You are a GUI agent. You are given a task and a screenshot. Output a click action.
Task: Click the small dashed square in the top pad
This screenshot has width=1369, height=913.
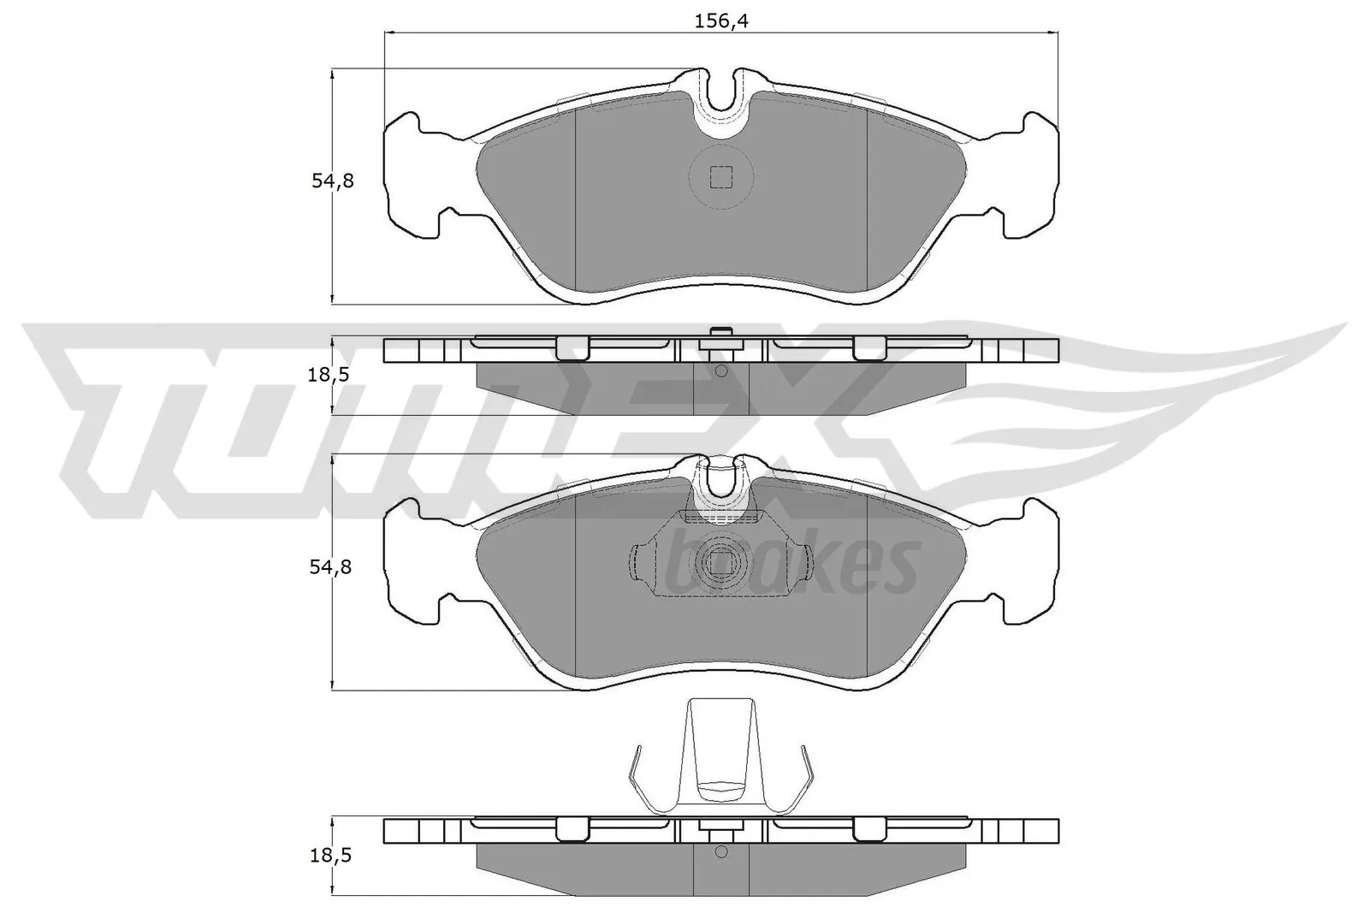point(721,177)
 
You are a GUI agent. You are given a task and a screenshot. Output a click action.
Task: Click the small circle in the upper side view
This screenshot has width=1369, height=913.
point(720,371)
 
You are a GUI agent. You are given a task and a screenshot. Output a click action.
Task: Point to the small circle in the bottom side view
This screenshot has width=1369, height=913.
point(720,851)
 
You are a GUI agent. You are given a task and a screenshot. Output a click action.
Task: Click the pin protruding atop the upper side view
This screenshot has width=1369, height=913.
point(720,333)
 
